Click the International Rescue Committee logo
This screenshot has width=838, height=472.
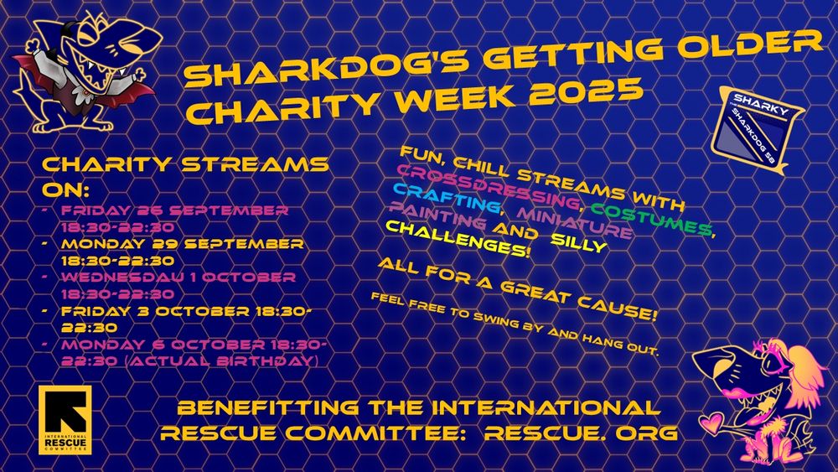(x=65, y=420)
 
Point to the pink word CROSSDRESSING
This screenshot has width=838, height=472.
(x=489, y=187)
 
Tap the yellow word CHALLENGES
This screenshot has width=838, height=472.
(x=458, y=239)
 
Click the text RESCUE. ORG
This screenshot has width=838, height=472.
(x=581, y=433)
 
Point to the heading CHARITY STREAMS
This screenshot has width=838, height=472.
(x=185, y=164)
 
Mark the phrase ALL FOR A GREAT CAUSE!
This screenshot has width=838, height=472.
(x=517, y=289)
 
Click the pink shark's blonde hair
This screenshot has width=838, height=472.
(x=802, y=369)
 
